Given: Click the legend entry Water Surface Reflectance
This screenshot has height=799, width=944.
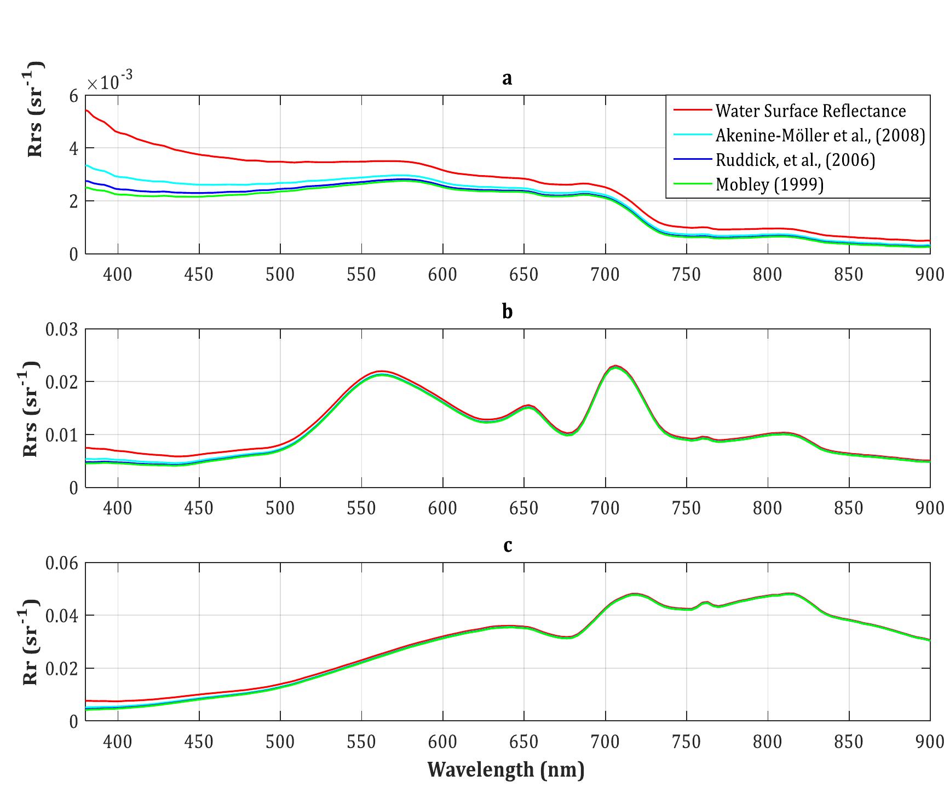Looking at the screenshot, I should coord(810,111).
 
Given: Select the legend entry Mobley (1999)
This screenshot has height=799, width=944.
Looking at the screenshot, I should coord(769,184).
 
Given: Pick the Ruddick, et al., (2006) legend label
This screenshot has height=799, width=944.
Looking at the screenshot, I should coord(795,160).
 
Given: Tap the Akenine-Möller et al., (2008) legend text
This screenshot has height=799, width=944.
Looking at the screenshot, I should coord(820,135).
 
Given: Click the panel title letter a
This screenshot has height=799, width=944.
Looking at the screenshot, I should coord(507,79).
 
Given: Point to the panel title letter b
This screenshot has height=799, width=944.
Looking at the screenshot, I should coord(507,311).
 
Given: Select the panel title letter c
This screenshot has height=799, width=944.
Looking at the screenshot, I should coord(507,546).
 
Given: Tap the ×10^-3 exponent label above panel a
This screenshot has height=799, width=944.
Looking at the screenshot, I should coord(110,82).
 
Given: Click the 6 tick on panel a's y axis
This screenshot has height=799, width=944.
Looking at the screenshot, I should coord(73,96).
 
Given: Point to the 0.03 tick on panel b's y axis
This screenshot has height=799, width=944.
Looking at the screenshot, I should coord(61,329).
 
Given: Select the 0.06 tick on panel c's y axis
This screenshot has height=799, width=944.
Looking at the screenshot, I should coord(61,563).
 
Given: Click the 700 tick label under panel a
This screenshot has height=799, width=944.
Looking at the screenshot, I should coord(605,274).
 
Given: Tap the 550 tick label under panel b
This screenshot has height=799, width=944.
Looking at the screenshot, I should coord(361,508).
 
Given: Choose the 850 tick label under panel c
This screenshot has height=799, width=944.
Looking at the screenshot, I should coord(848,742).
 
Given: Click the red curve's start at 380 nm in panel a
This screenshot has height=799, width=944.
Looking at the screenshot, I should coord(87,110).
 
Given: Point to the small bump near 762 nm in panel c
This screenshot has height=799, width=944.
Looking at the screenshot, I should coord(706,602).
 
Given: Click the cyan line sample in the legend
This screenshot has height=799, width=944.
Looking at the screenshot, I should coord(691,135).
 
